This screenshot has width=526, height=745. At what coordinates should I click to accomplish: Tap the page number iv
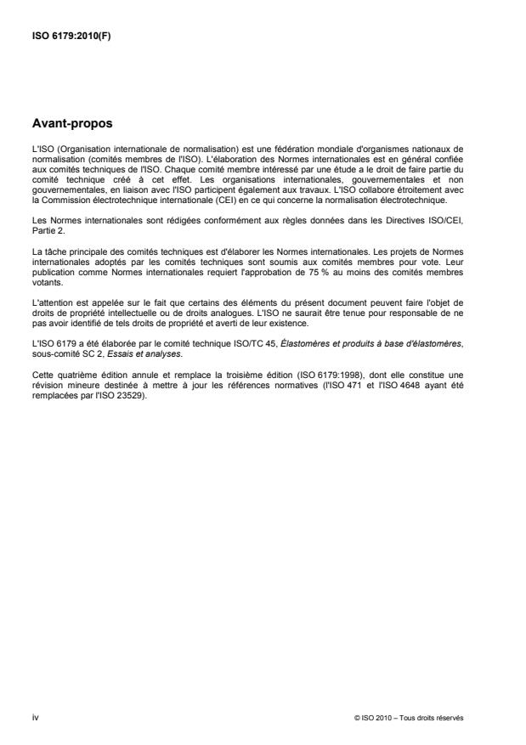(35, 717)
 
